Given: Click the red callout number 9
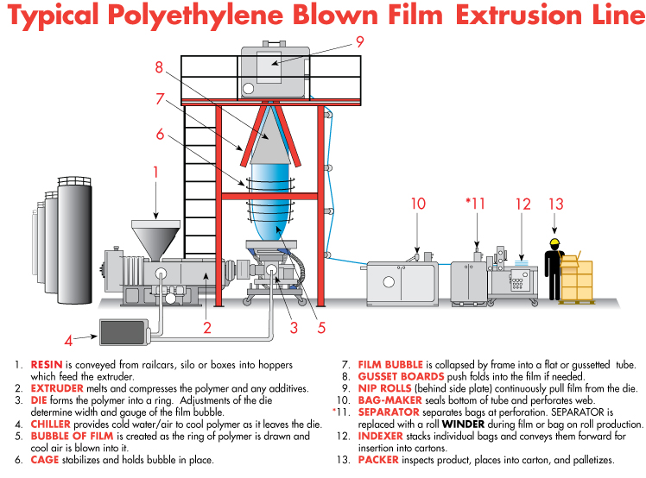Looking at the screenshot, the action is (x=360, y=41).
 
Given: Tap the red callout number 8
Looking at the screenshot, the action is (x=159, y=67).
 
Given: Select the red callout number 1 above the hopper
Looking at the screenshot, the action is (x=155, y=172).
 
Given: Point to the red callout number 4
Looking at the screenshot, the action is (x=68, y=341).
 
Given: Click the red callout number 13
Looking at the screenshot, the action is (x=556, y=204).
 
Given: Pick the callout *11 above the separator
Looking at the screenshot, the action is (x=475, y=204).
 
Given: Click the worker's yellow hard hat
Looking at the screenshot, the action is (x=555, y=242).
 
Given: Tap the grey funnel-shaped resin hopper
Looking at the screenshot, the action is (x=155, y=240).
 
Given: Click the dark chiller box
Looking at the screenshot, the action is (x=123, y=332).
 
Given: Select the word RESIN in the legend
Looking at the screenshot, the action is (x=47, y=364).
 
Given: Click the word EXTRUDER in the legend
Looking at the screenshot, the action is (x=57, y=388).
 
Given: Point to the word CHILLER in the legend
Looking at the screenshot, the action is (x=51, y=424).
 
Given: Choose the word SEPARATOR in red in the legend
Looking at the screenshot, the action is (x=389, y=412).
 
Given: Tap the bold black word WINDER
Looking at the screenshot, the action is (x=463, y=424).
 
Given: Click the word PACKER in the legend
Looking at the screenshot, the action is (x=378, y=460).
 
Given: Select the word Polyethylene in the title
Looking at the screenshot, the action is (x=196, y=16).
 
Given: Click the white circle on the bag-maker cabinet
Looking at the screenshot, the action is (x=389, y=282).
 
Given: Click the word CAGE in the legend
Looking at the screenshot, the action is (x=45, y=460).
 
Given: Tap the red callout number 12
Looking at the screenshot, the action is (x=523, y=204).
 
